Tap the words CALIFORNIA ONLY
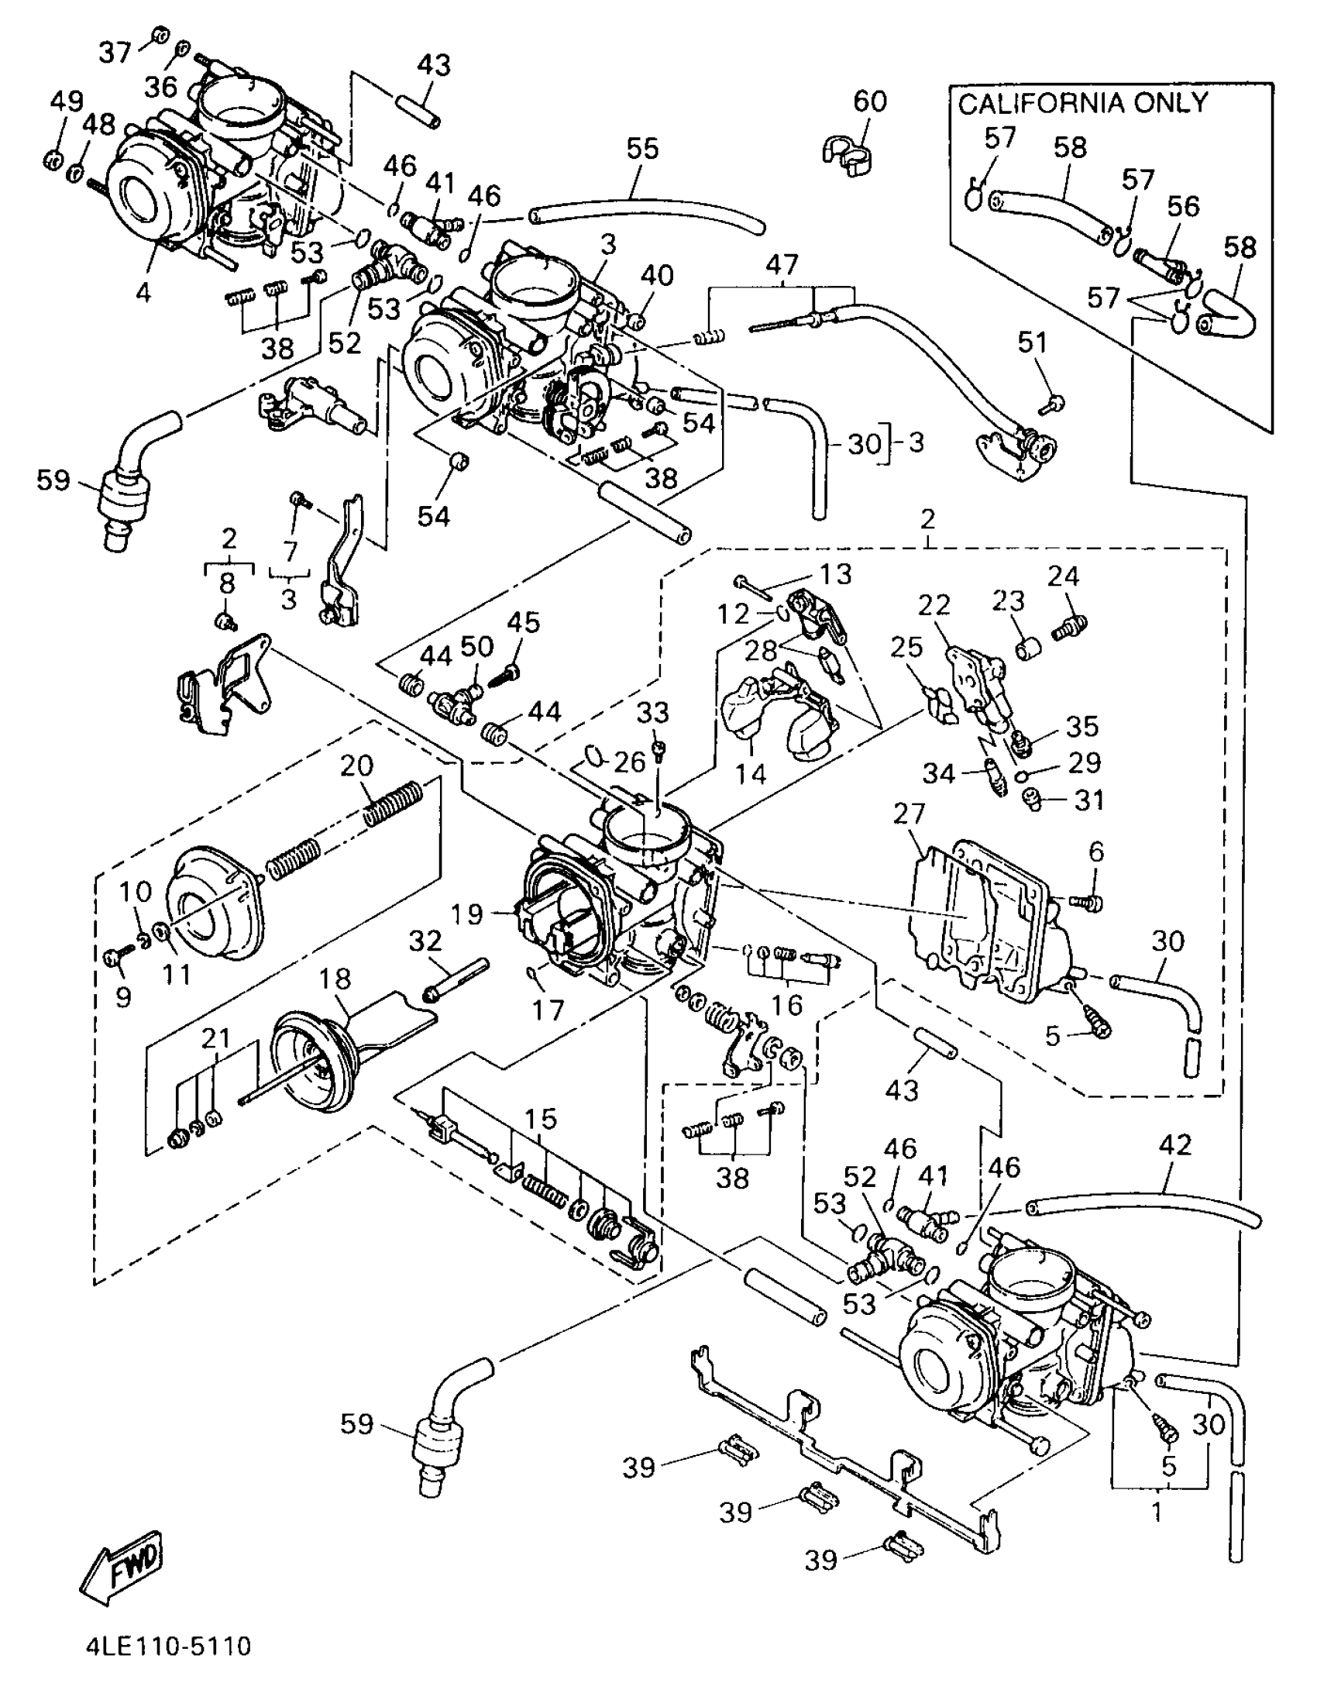click(1083, 103)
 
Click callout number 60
click(870, 102)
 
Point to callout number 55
click(641, 149)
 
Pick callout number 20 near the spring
click(356, 766)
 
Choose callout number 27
click(909, 813)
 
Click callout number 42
click(1174, 1145)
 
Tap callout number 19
click(468, 915)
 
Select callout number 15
click(539, 1119)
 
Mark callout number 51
click(1032, 342)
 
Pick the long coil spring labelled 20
click(394, 802)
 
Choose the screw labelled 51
click(1054, 403)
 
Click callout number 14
click(751, 773)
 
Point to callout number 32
click(425, 942)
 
